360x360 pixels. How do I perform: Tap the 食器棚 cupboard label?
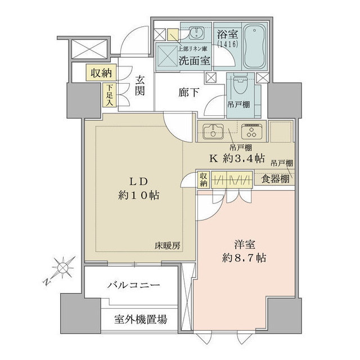point(276,178)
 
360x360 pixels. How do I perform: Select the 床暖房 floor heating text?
point(168,246)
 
